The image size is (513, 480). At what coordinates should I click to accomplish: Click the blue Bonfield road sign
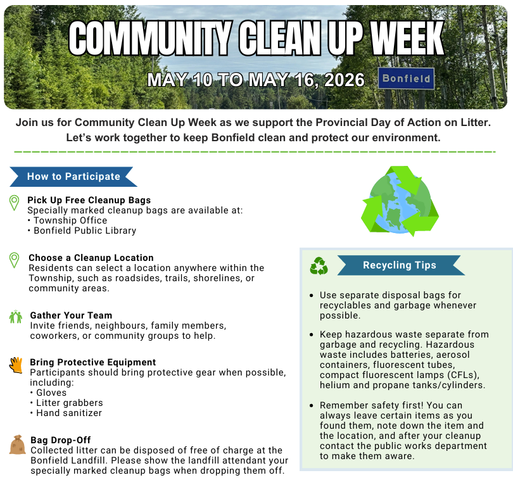[x=406, y=79]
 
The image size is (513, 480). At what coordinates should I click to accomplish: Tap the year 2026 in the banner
[x=344, y=80]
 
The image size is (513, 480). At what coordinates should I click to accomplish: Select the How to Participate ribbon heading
[x=73, y=177]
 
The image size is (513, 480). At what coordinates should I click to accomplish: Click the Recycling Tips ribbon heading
[x=400, y=265]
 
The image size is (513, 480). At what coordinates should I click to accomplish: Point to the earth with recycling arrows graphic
[x=400, y=201]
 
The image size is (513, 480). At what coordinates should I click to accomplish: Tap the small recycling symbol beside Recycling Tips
[x=319, y=266]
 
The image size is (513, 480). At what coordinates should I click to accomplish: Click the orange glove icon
[x=16, y=365]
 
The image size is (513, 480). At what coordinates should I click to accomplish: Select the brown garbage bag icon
[x=17, y=445]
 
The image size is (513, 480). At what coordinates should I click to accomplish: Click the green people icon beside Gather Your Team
[x=16, y=317]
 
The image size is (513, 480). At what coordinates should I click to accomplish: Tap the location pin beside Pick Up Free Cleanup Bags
[x=14, y=203]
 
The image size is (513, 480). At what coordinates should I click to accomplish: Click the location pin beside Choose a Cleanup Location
[x=14, y=260]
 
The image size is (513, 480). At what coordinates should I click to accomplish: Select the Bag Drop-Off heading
[x=61, y=440]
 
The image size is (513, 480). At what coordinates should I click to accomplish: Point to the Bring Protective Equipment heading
[x=93, y=362]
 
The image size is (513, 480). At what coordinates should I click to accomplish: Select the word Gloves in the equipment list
[x=51, y=393]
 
